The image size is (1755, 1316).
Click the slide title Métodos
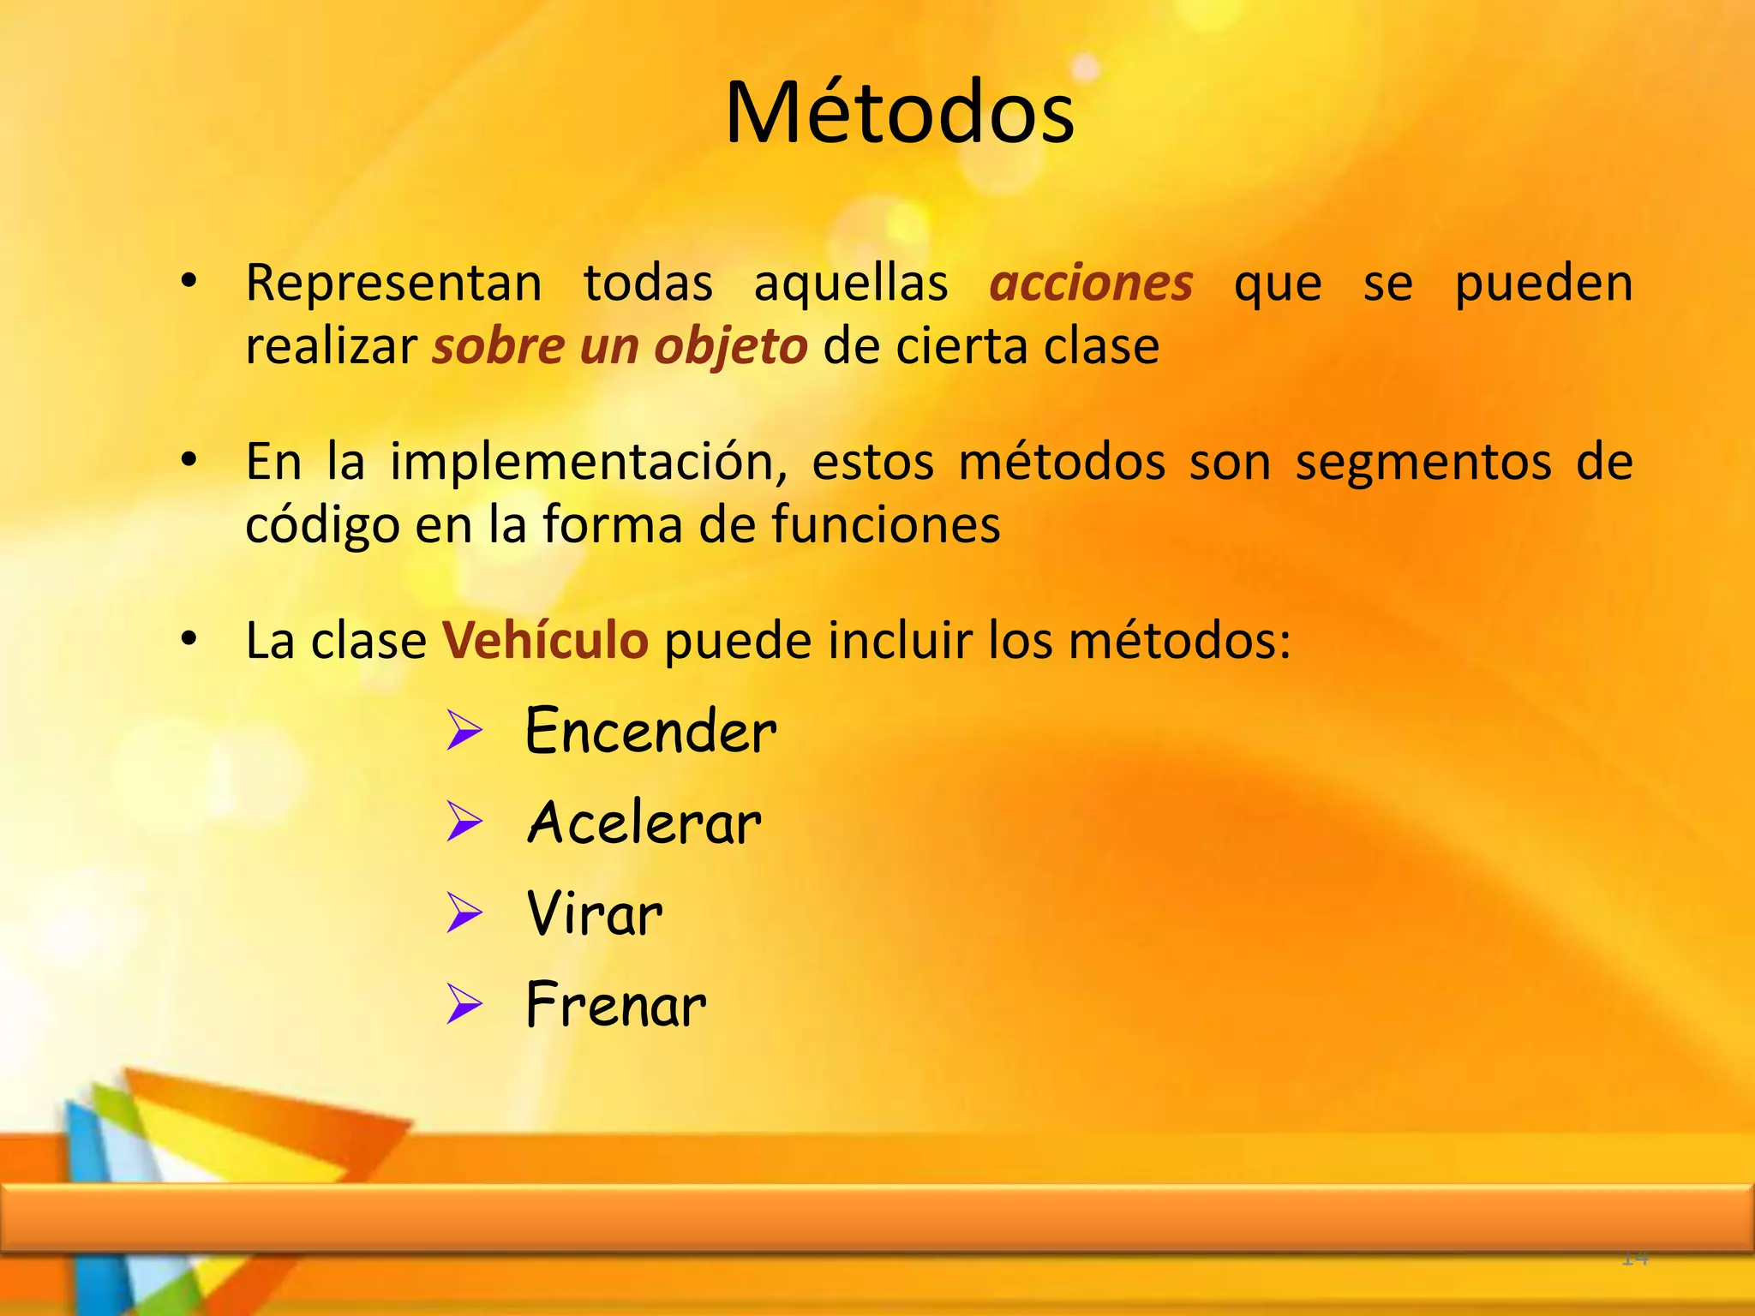(899, 113)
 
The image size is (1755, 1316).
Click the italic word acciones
(1091, 284)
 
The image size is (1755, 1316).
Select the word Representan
(393, 283)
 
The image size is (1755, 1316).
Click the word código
(322, 525)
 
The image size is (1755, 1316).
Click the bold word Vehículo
(545, 641)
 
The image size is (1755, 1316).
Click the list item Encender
(650, 732)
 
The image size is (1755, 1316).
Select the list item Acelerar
(644, 823)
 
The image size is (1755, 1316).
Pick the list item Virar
(594, 914)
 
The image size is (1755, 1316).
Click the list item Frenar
(615, 1005)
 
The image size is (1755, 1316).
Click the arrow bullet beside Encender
(464, 733)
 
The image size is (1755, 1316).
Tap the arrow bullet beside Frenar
(464, 1005)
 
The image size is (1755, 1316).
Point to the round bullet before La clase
(189, 638)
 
